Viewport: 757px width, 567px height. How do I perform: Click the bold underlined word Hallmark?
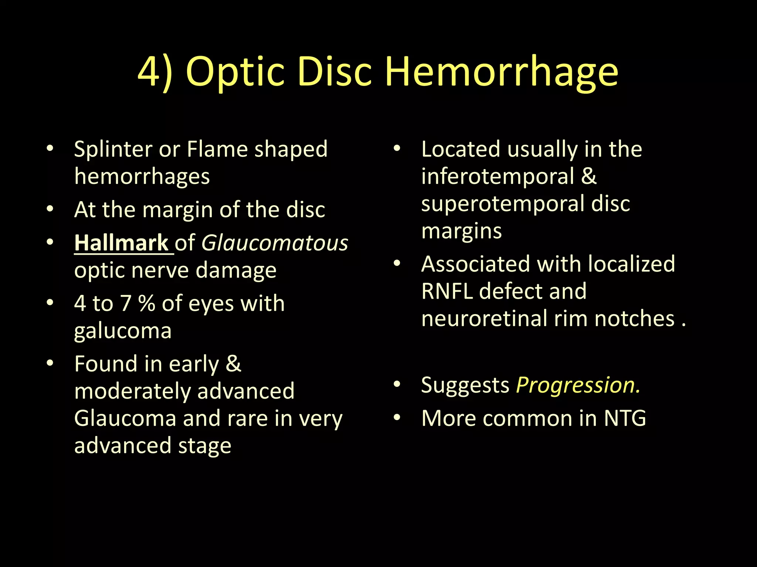click(122, 243)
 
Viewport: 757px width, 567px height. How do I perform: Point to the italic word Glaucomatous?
click(275, 243)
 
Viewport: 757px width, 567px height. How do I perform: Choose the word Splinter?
click(113, 149)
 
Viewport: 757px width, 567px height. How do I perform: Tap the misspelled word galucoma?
click(123, 330)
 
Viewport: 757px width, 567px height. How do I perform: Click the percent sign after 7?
click(147, 303)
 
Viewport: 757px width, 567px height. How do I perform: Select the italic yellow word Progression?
click(578, 385)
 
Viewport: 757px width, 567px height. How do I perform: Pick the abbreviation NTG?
click(625, 418)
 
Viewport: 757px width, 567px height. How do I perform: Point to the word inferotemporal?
click(498, 176)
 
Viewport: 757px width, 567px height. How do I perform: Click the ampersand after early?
click(233, 364)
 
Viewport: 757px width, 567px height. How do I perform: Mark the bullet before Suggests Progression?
click(397, 384)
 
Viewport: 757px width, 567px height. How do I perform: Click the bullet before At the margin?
click(50, 209)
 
